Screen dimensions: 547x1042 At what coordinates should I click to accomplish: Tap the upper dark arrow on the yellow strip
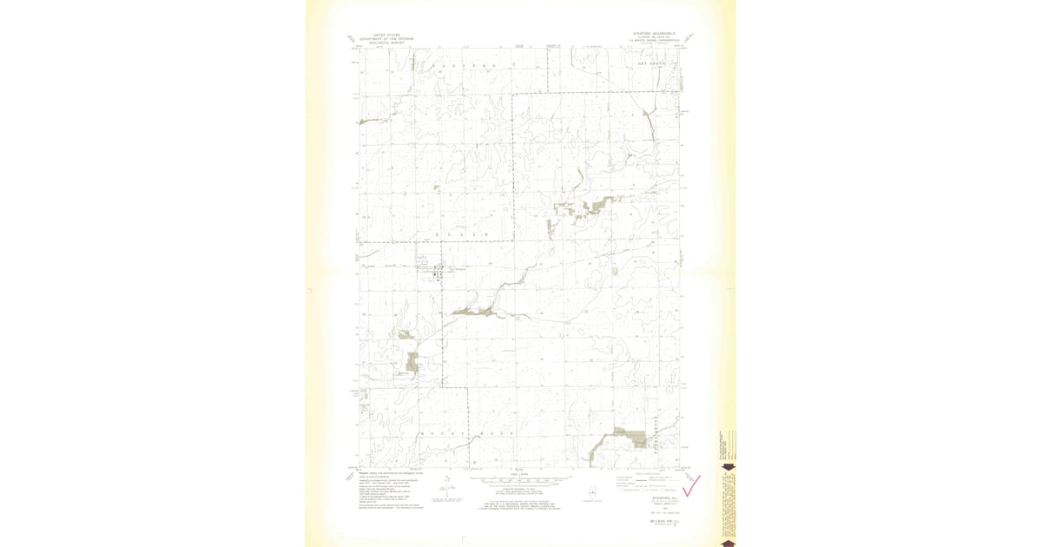(x=728, y=467)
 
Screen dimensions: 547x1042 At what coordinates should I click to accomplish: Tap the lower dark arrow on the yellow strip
(x=728, y=542)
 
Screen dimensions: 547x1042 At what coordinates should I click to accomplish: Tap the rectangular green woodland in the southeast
(x=638, y=439)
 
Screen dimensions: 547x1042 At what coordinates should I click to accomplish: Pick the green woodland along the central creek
(x=473, y=310)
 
